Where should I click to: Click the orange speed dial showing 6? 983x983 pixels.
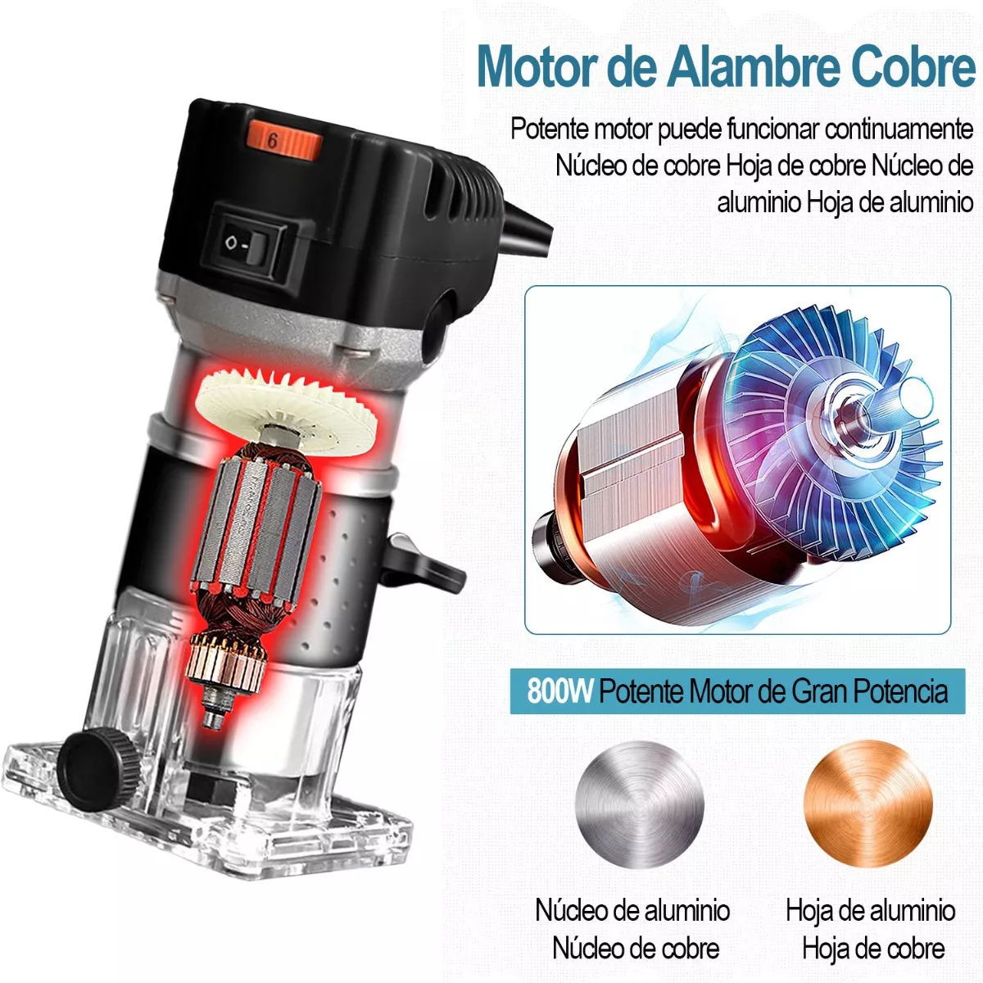(x=284, y=141)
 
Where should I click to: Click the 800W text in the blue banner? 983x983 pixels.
(x=559, y=692)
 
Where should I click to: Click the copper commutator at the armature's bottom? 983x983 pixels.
(x=226, y=661)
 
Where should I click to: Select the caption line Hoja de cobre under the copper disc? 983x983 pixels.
(x=873, y=935)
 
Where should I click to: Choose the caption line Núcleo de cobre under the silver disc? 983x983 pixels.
(x=636, y=935)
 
